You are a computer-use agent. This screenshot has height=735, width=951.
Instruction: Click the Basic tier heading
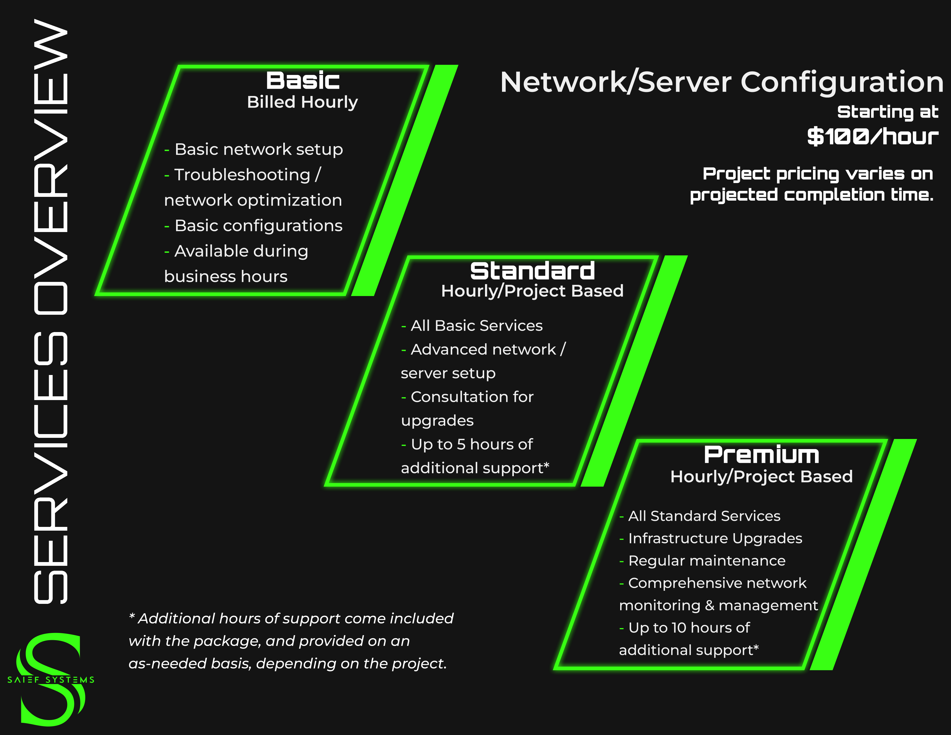tap(303, 80)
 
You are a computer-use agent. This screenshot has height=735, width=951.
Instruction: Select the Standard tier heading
tap(532, 271)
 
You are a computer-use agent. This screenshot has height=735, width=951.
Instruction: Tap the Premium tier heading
tap(761, 455)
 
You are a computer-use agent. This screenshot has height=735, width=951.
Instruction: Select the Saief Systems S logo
tap(50, 679)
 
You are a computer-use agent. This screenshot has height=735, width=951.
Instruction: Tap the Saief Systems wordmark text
tap(51, 680)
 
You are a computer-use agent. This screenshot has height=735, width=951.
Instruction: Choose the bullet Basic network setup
tap(259, 149)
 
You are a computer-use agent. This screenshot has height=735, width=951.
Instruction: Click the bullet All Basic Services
tap(476, 326)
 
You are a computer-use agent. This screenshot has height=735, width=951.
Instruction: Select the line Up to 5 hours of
tap(471, 444)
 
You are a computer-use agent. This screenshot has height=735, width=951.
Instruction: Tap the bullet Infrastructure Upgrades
tap(715, 539)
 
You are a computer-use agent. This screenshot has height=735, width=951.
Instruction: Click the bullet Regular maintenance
tap(707, 561)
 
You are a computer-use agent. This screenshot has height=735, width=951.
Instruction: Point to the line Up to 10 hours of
tap(689, 628)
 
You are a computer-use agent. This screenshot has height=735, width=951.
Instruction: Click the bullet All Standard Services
tap(704, 516)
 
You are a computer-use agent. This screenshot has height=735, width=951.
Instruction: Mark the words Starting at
tap(887, 112)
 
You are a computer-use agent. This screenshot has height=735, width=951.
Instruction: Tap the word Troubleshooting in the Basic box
tap(242, 175)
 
